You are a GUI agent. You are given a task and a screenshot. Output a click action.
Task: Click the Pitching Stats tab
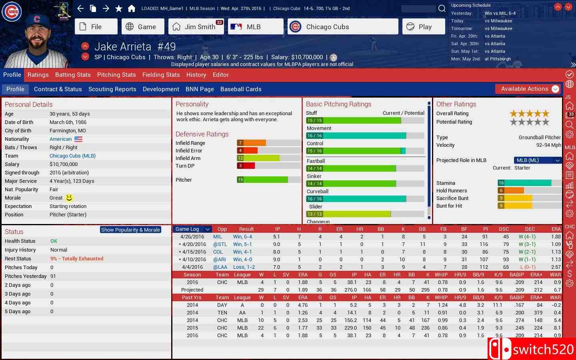point(116,75)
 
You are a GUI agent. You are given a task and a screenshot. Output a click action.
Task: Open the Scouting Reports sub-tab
point(112,89)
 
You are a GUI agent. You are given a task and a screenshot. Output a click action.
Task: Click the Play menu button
point(424,27)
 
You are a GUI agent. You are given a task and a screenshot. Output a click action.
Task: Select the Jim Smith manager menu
point(196,27)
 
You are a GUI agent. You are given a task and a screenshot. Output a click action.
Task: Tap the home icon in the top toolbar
point(132,8)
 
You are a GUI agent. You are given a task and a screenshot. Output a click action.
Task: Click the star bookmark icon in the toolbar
point(119,8)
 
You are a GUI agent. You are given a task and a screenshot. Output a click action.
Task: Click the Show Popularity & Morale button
point(130,230)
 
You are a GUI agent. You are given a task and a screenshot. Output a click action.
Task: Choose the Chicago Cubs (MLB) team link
point(72,156)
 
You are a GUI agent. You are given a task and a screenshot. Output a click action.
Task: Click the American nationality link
point(61,139)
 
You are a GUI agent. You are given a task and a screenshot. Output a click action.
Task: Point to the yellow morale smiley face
point(69,198)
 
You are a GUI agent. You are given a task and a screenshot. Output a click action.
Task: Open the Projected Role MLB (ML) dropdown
point(537,160)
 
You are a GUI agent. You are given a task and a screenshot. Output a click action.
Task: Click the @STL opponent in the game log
point(220,244)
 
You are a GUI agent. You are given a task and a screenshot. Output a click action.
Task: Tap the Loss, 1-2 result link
point(244,267)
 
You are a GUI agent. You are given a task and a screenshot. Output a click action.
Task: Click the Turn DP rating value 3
point(240,166)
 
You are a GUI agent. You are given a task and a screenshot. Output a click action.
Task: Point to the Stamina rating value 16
point(501,183)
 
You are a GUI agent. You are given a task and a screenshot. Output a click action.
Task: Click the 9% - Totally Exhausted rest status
point(77,259)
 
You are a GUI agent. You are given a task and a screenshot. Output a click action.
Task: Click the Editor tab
point(221,75)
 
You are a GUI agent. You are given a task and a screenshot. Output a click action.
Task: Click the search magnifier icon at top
point(442,8)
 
